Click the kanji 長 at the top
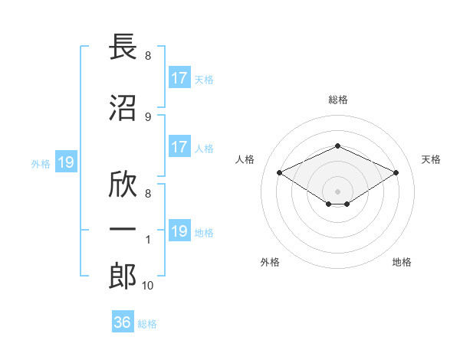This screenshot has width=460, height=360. [123, 46]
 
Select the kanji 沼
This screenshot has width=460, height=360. [123, 108]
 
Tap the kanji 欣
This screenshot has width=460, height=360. [123, 184]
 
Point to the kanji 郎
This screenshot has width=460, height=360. [123, 277]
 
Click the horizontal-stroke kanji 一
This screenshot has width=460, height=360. [123, 229]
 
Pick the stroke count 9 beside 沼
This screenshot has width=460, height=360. [148, 117]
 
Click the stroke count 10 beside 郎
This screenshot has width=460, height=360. [147, 286]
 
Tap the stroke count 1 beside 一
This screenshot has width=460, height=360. [148, 240]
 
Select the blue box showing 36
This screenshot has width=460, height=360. [123, 321]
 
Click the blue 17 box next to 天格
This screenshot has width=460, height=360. [179, 77]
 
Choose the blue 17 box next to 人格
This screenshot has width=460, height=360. [179, 146]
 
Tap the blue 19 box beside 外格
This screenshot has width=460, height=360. [66, 162]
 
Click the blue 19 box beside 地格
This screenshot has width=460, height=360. [179, 230]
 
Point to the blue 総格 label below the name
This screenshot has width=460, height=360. [147, 324]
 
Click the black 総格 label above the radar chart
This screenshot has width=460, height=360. [338, 100]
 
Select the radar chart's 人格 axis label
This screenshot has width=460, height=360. [245, 159]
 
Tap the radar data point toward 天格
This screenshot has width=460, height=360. [396, 172]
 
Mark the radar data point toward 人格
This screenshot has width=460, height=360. [280, 172]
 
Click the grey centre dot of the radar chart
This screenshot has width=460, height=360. [337, 191]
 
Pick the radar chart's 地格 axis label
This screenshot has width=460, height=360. [402, 262]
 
